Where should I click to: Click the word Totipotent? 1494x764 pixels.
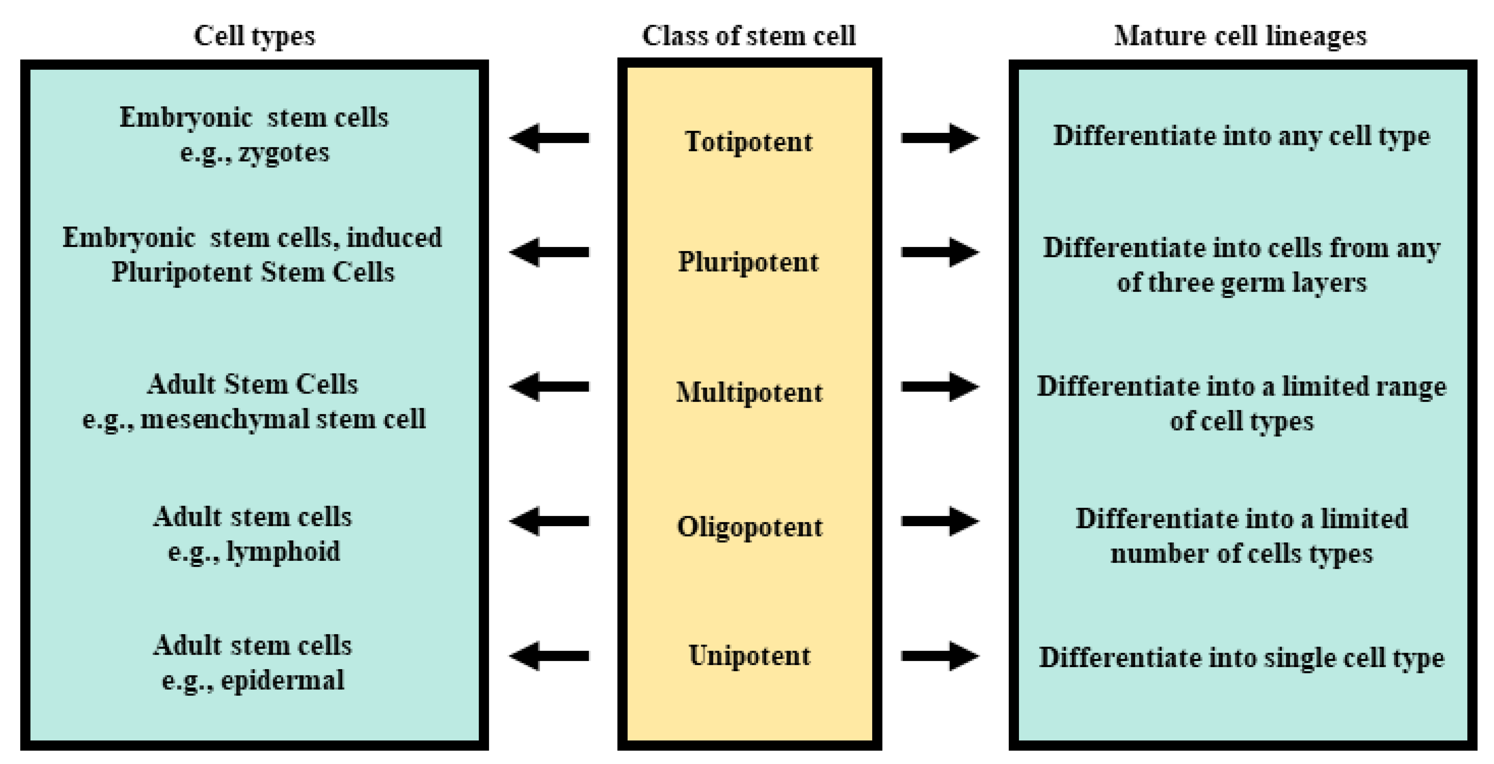pos(748,141)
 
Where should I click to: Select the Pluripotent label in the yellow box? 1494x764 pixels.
pos(748,262)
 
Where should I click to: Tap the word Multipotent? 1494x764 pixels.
pos(749,393)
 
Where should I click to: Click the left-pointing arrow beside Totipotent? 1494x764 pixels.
pos(549,138)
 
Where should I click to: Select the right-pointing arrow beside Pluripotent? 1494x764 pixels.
pos(940,252)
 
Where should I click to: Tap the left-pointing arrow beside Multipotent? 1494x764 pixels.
pos(549,387)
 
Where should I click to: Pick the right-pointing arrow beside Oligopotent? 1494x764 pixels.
pos(940,521)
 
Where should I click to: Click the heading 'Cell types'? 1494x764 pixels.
pos(254,36)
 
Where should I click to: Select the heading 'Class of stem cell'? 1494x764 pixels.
pos(748,36)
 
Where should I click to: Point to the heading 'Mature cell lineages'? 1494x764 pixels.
pos(1240,36)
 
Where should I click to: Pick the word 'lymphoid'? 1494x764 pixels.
pos(283,551)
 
